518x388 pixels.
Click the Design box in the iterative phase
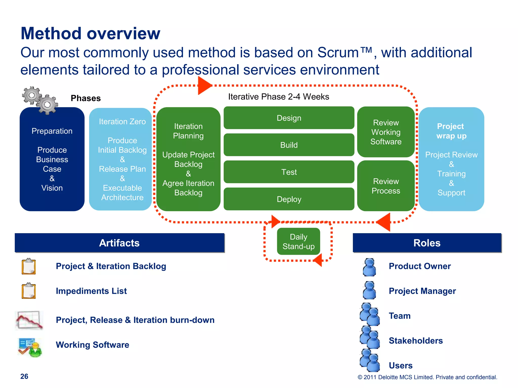coord(289,118)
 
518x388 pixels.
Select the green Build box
coord(289,145)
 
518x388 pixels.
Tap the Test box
coord(289,172)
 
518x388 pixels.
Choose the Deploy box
coord(289,199)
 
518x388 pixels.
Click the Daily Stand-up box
coord(298,241)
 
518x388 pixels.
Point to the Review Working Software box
coord(386,132)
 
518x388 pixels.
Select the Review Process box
coord(386,186)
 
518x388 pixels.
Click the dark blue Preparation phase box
coord(52,159)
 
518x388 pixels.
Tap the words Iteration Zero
coord(122,122)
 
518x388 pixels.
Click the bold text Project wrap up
coord(451,131)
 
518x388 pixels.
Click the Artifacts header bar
coord(119,243)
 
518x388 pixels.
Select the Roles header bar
coord(427,243)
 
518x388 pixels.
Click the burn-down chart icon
coord(29,320)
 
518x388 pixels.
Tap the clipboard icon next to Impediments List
coord(29,291)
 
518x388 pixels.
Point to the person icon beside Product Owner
coord(369,267)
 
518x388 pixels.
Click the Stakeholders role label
coord(416,341)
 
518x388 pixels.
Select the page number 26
coord(24,376)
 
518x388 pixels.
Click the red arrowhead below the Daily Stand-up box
coord(318,260)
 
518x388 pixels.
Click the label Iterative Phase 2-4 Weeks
coord(278,97)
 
